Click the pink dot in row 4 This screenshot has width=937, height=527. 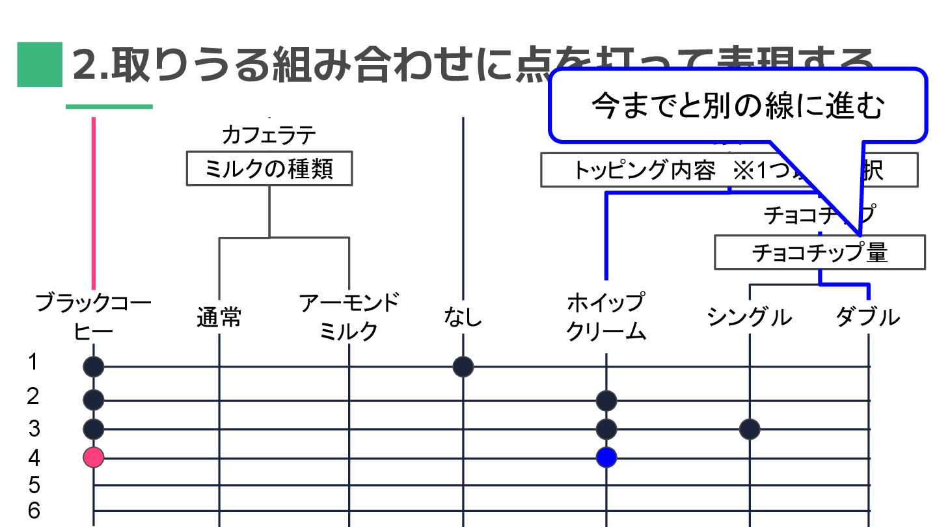point(94,457)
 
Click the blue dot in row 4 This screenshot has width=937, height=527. point(606,457)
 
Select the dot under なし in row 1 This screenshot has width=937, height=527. point(463,367)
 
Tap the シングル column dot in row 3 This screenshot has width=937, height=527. point(750,429)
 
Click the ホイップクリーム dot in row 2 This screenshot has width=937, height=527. point(606,399)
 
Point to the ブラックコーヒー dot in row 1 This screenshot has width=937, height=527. point(94,367)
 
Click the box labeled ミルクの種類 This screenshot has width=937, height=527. point(269,169)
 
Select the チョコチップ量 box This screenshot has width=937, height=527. point(819,252)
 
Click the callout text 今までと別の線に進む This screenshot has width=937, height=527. point(738,107)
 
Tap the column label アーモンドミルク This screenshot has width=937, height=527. point(349,317)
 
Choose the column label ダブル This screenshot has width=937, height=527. point(868,317)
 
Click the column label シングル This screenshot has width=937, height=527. point(750,317)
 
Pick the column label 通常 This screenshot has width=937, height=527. point(219,318)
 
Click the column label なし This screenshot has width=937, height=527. point(463,317)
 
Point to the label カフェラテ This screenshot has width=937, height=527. point(269,135)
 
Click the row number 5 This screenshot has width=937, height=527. point(34,485)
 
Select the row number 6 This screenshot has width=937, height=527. point(34,511)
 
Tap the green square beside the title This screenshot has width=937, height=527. point(40,64)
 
